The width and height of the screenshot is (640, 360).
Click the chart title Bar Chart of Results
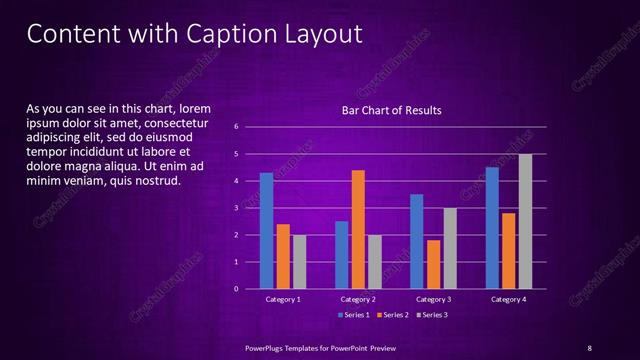coord(391,110)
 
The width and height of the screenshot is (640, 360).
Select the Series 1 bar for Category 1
coord(266,230)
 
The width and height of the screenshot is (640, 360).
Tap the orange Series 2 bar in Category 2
coord(358,229)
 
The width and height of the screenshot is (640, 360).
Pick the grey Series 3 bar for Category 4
coord(525,221)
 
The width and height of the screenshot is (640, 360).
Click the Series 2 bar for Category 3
coord(433,264)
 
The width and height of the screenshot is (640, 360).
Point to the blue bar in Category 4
coord(492,227)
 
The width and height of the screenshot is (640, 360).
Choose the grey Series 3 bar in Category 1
coord(299,261)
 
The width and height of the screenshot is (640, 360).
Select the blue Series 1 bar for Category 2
coord(342,254)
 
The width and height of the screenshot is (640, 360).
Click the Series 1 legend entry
coord(354,315)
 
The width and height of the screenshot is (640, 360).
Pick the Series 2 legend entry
coord(393,315)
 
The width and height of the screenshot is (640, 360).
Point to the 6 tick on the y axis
coord(236,127)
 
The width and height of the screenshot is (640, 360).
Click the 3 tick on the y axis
coord(236,208)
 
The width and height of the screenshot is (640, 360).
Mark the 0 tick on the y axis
coord(236,289)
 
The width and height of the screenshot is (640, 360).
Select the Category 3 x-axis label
coord(433,299)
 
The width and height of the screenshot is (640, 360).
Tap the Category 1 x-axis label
coord(283,299)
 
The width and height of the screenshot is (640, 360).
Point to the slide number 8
coord(590,347)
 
